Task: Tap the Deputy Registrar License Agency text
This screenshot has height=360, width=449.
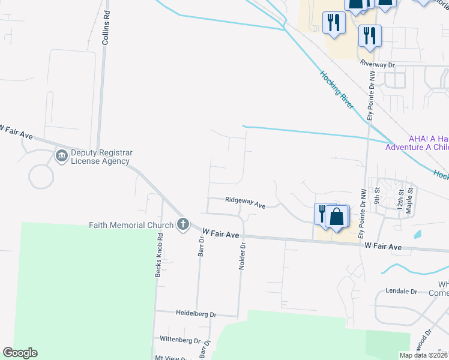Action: (101, 157)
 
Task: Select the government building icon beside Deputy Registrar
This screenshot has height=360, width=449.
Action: (61, 156)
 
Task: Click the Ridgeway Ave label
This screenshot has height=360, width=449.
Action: (245, 202)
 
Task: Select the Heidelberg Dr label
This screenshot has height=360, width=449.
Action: (196, 314)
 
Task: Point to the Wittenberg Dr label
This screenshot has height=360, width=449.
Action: (179, 340)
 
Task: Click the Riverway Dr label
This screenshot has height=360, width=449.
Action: (377, 63)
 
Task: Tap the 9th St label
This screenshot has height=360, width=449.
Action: (378, 194)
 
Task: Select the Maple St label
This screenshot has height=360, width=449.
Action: (411, 197)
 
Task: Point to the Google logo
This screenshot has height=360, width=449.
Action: (20, 353)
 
